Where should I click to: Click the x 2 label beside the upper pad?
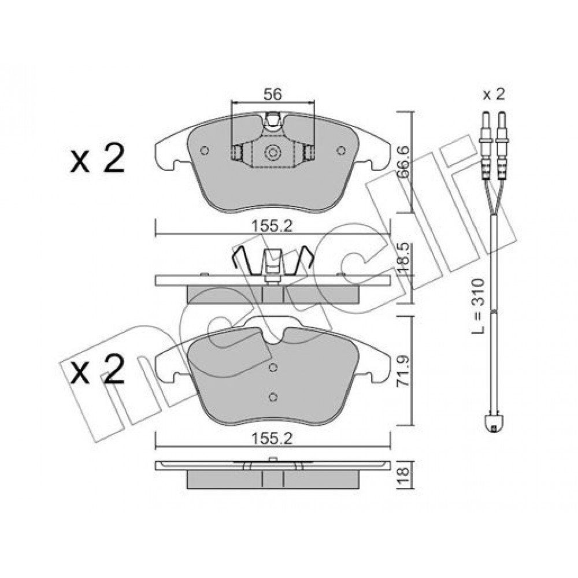[97, 159]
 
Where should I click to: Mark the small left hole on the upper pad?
[203, 151]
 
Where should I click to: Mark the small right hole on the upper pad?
[341, 151]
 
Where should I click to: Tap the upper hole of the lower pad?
[273, 368]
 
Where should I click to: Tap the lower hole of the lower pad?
[273, 396]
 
